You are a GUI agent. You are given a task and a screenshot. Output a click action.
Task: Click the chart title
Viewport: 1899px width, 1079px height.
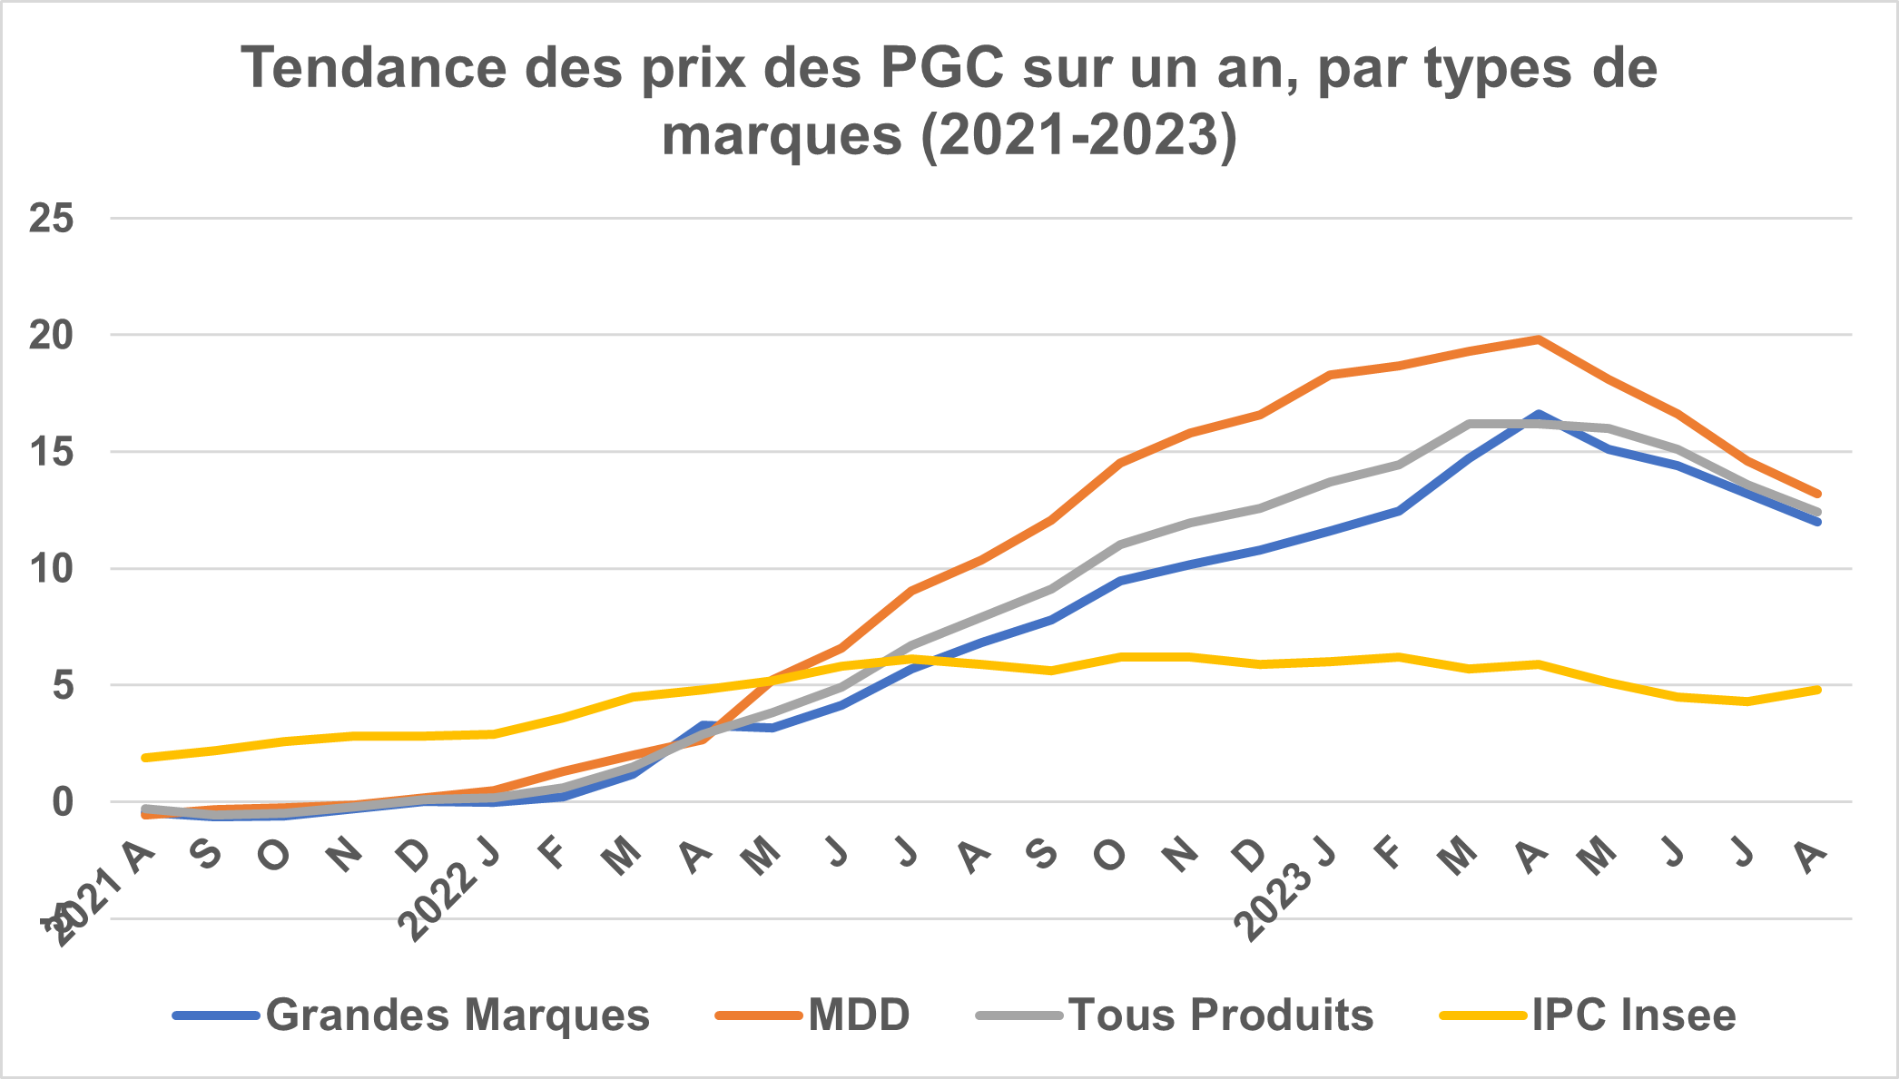949,101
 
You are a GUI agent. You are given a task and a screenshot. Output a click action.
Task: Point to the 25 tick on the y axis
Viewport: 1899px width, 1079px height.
51,219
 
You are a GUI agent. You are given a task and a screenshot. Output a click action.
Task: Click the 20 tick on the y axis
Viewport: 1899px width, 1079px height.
51,336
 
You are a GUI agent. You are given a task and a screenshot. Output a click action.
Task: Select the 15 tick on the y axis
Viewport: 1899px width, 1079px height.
51,452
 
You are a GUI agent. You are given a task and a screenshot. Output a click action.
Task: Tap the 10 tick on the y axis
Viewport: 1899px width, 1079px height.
51,569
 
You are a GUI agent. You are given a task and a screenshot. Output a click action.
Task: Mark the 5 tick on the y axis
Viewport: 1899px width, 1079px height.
62,685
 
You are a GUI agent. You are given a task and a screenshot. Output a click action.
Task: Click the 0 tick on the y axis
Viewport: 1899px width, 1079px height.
62,802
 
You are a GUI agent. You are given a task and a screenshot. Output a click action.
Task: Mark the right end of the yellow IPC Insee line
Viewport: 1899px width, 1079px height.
1817,690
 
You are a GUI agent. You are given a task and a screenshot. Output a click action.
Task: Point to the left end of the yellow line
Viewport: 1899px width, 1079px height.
145,758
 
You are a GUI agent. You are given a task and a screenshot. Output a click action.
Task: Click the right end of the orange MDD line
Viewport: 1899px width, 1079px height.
1817,495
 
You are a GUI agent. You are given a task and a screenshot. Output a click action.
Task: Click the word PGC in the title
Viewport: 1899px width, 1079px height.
943,69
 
